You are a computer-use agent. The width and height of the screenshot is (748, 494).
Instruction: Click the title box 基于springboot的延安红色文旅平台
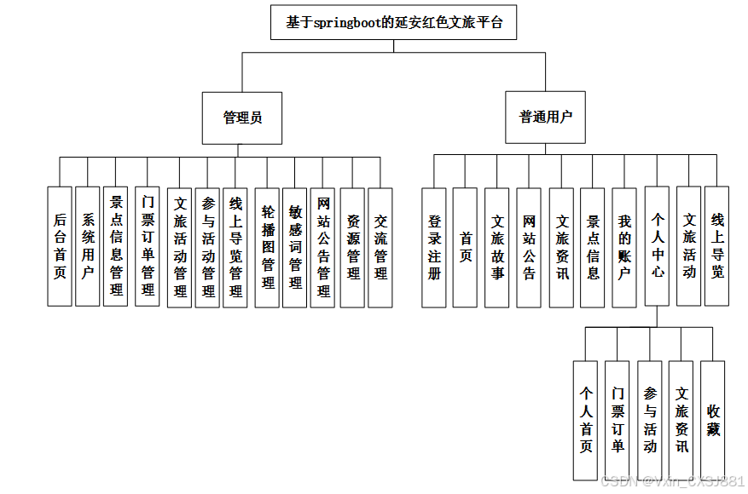coord(394,22)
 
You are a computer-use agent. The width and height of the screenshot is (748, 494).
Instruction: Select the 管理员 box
coord(242,118)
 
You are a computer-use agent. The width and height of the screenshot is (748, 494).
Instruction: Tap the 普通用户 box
coord(546,118)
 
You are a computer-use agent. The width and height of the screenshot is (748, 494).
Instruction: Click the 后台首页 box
coord(60,247)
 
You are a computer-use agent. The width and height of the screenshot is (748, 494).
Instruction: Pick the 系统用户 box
coord(88,247)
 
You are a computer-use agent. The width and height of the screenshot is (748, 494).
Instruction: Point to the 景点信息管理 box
coord(116,247)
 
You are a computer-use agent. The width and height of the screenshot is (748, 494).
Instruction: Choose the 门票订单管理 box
coord(148,247)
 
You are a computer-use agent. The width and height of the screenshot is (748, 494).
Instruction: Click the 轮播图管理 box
coord(268,247)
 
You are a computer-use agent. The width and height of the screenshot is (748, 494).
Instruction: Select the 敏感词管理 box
coord(295,247)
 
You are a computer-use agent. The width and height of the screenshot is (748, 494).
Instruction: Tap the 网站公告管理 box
coord(323,247)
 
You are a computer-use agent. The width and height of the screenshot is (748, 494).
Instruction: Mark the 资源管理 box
coord(352,247)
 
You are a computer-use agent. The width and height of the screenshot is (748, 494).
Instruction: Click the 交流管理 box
coord(380,247)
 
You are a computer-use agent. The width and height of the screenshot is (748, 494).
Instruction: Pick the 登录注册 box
coord(434,247)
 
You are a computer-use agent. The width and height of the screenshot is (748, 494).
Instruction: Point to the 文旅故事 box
coord(497,247)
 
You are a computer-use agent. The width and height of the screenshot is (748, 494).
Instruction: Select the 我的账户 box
coord(624,247)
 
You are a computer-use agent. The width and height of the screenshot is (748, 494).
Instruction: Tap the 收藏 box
coord(713,420)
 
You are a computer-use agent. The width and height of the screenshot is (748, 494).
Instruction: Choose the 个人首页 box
coord(586,420)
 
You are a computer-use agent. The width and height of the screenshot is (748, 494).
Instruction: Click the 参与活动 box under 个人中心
coord(650,420)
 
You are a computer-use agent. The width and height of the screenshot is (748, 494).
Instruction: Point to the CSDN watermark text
coord(672,481)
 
